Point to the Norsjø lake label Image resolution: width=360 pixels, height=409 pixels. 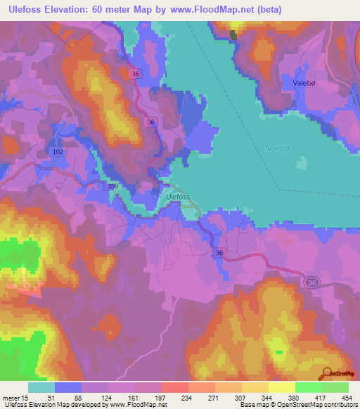278,149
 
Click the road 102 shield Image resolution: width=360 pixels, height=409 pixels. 58,151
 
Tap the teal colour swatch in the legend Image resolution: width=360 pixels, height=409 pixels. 41,387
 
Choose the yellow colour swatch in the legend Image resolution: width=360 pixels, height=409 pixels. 281,387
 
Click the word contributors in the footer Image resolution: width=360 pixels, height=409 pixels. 337,405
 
